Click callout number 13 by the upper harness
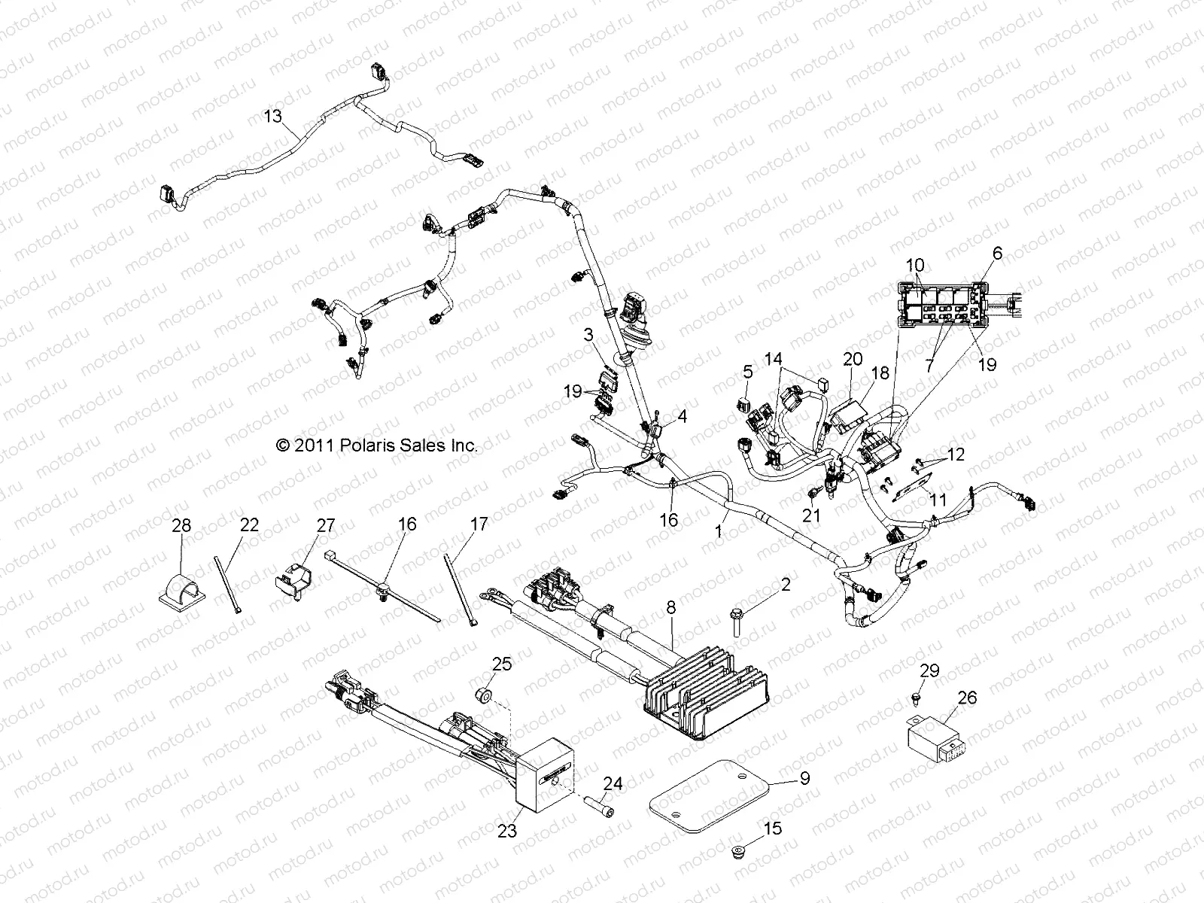tap(272, 116)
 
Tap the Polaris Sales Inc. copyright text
tap(377, 445)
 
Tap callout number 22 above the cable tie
tap(249, 524)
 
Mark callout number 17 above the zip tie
tap(479, 524)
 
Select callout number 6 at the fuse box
tap(998, 254)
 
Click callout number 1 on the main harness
tap(719, 531)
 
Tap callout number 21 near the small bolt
tap(811, 515)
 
